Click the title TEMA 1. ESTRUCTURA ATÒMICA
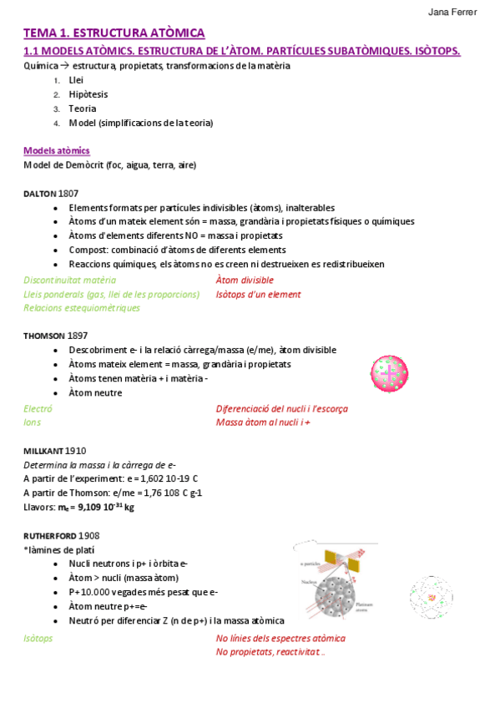click(114, 33)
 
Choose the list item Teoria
click(83, 109)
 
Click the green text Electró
click(38, 409)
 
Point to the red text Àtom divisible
click(245, 281)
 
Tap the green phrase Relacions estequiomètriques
click(82, 307)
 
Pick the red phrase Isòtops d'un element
click(258, 294)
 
